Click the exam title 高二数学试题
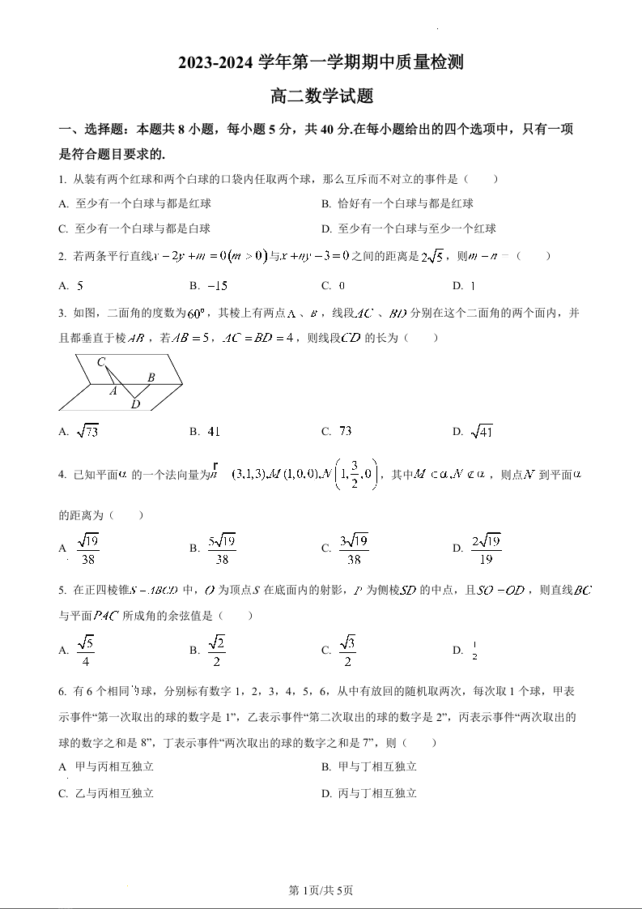pyautogui.click(x=321, y=96)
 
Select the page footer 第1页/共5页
pyautogui.click(x=321, y=890)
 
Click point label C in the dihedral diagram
pyautogui.click(x=101, y=362)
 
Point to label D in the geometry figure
pyautogui.click(x=135, y=404)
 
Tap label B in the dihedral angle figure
pyautogui.click(x=151, y=378)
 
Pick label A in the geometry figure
pyautogui.click(x=113, y=390)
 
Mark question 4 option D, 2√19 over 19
pyautogui.click(x=486, y=548)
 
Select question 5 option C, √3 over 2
pyautogui.click(x=347, y=650)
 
